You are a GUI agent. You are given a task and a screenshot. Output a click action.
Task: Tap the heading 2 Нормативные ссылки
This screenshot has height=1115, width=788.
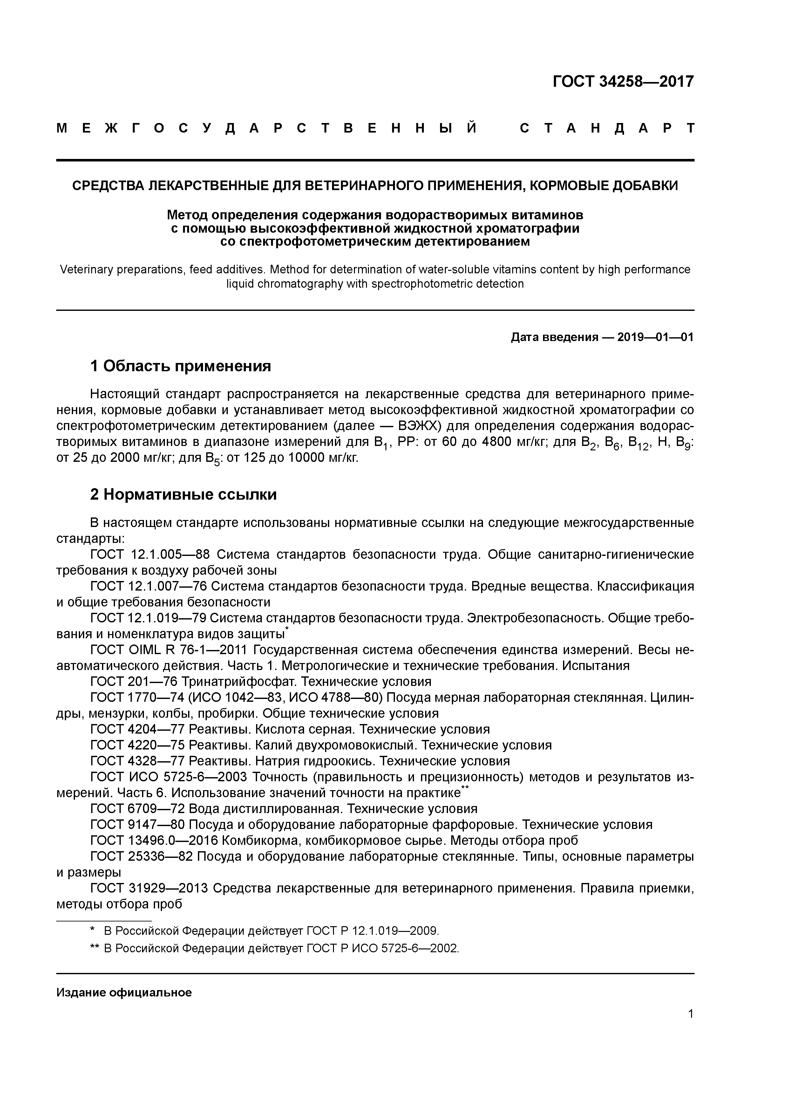click(184, 494)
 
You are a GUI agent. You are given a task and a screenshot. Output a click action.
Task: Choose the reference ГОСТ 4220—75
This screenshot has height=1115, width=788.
click(137, 745)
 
